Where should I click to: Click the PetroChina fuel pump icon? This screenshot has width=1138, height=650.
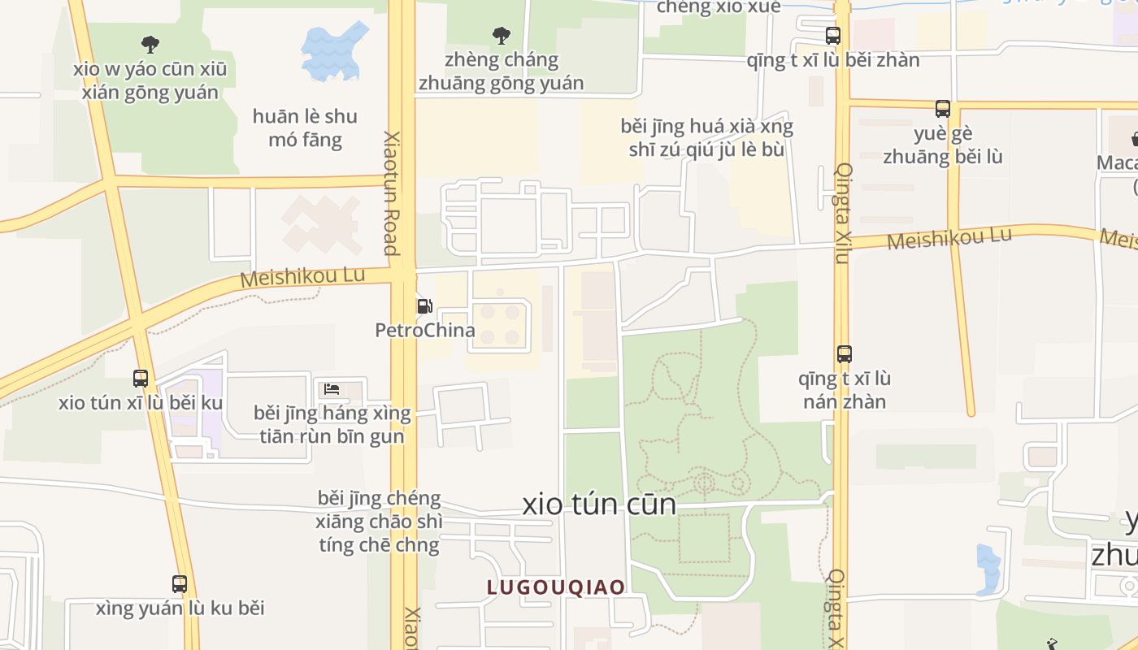424,306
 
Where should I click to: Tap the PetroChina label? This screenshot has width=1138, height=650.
424,331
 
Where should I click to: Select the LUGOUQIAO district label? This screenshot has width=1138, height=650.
556,587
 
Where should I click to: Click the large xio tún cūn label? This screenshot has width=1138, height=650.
599,505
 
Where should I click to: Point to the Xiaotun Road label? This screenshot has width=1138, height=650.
392,193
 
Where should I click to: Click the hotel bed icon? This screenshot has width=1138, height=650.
332,388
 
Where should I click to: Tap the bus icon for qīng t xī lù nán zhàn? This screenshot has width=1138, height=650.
845,354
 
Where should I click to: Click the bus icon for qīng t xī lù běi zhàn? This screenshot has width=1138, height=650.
833,36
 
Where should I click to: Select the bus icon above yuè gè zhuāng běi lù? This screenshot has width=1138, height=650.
943,108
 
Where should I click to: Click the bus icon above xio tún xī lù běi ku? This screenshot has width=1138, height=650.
141,378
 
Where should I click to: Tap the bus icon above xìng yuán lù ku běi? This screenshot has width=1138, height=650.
180,583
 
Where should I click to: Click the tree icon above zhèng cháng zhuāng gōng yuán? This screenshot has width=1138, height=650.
502,35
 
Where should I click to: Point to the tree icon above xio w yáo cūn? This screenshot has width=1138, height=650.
150,44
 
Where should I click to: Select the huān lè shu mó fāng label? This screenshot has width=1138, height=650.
305,128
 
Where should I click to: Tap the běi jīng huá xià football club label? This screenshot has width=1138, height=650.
706,138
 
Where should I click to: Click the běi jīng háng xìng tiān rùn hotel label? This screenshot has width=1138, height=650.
332,425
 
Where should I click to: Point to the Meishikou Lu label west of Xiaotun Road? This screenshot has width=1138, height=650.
303,276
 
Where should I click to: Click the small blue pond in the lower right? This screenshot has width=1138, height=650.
988,568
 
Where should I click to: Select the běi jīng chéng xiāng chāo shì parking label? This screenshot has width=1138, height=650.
380,521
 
